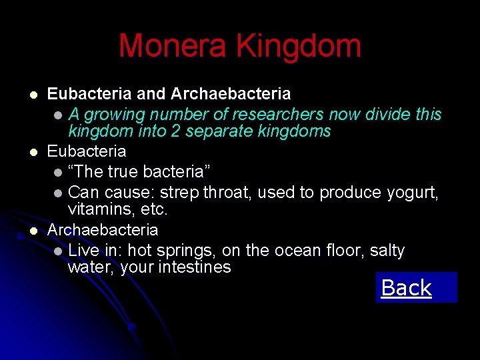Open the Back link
(406, 288)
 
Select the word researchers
(265, 114)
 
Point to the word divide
(389, 114)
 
